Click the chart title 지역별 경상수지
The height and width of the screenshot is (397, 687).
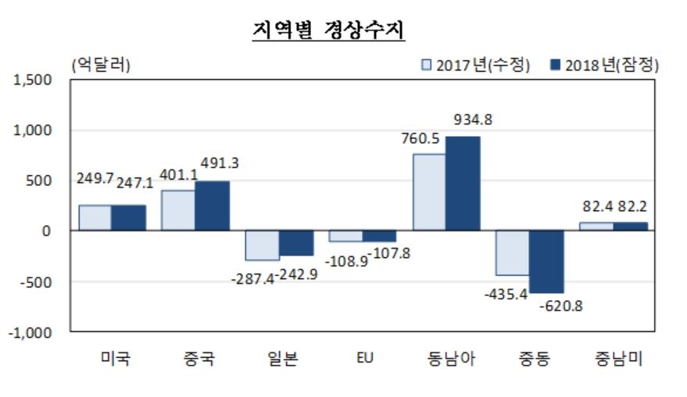tap(328, 30)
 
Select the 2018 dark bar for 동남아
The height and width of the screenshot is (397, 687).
tap(463, 183)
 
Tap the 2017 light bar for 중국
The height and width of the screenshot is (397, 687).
tap(177, 209)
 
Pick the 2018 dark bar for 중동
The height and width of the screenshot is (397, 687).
tap(546, 262)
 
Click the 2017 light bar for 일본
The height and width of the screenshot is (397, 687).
tap(262, 245)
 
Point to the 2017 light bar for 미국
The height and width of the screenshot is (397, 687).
tap(95, 217)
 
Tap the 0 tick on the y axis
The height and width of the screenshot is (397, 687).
tap(46, 231)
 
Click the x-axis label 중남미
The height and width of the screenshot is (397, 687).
tap(613, 359)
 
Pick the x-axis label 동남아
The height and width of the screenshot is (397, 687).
tap(446, 359)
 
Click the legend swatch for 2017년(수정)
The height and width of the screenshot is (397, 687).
tap(427, 65)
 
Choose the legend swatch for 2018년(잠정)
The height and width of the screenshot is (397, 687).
tap(556, 65)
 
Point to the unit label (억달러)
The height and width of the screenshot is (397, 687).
tap(101, 65)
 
